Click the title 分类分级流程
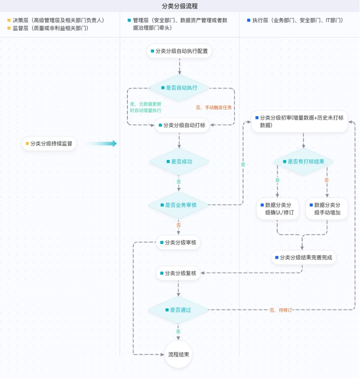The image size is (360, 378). tap(179, 7)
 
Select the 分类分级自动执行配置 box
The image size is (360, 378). tap(179, 51)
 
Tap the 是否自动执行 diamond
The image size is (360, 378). tap(179, 88)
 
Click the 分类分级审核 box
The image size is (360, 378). tap(178, 243)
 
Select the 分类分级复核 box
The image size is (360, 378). tap(178, 273)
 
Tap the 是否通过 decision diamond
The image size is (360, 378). tap(178, 310)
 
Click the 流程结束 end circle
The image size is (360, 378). tap(178, 354)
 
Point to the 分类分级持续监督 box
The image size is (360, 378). tap(48, 144)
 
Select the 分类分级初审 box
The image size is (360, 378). tap(299, 122)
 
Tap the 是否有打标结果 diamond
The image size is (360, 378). tap(303, 162)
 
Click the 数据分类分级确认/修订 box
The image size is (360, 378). tap(277, 209)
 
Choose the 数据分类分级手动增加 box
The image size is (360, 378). tap(327, 209)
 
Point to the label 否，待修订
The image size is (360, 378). tap(280, 310)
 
